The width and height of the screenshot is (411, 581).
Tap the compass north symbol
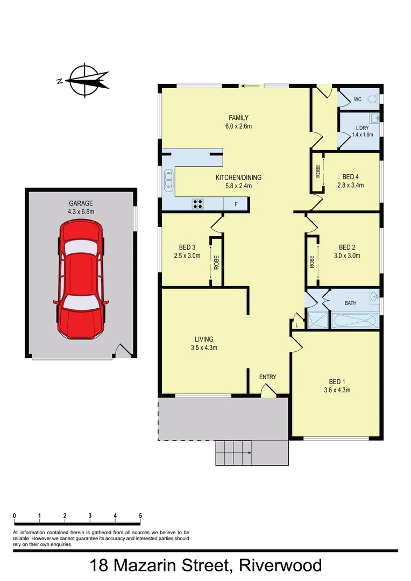point(83,81)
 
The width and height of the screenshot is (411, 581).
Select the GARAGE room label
point(81,203)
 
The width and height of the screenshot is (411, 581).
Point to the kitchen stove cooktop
point(198,204)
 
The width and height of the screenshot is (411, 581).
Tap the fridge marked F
point(236,204)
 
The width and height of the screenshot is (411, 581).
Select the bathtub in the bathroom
point(355,321)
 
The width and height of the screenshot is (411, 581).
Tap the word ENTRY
point(267,377)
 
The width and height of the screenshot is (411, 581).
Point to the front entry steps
point(233,452)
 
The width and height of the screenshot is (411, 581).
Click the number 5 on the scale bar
point(140,516)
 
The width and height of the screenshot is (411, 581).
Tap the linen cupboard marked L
point(296,325)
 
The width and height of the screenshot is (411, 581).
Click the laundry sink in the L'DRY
point(375,118)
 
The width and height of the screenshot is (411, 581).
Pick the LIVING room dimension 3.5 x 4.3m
point(204,348)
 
